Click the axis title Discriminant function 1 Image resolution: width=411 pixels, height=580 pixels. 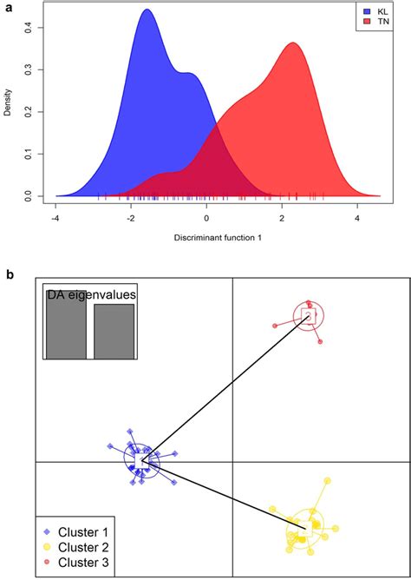click(x=205, y=237)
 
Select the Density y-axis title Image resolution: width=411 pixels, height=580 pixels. click(x=8, y=102)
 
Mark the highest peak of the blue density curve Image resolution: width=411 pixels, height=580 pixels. click(x=147, y=10)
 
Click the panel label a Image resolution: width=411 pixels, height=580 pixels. click(x=8, y=7)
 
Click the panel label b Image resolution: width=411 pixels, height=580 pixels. click(x=8, y=275)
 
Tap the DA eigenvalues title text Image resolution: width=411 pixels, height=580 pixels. click(x=91, y=296)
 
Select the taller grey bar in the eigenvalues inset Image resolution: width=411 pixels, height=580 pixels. click(x=66, y=325)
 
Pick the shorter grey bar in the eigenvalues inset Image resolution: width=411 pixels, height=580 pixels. click(x=114, y=331)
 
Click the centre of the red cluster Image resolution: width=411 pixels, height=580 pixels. click(x=307, y=318)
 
